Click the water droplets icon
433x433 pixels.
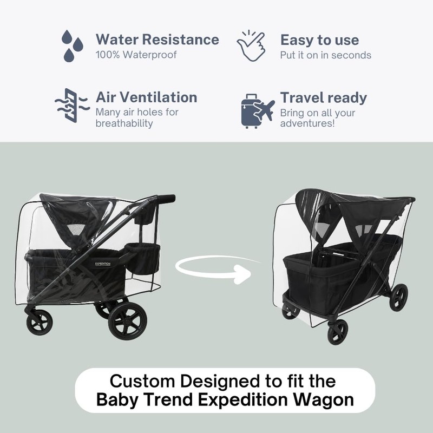(x=73, y=45)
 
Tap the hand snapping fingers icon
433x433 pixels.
(x=252, y=45)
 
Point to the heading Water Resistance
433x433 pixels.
(x=157, y=40)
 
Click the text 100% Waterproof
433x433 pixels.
(x=136, y=55)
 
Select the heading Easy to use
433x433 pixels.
(x=319, y=40)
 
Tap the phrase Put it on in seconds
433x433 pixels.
(x=325, y=55)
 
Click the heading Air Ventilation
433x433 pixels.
(x=146, y=97)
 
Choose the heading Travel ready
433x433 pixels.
(x=323, y=98)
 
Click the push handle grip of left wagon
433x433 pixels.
(x=167, y=198)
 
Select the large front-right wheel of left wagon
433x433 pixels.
(x=127, y=320)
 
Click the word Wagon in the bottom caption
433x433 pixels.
(x=323, y=401)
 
